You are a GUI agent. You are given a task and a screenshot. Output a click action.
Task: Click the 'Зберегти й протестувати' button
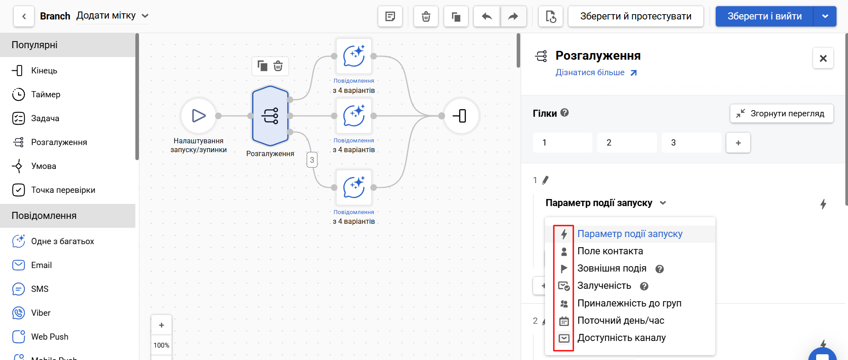pyautogui.click(x=635, y=16)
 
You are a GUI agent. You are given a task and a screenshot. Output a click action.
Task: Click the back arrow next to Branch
pyautogui.click(x=24, y=16)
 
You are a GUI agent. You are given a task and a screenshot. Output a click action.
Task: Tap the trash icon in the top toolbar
pyautogui.click(x=426, y=16)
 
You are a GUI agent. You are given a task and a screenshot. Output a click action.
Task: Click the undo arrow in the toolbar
pyautogui.click(x=487, y=16)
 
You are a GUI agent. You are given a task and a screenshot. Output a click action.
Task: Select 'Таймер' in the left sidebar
pyautogui.click(x=46, y=94)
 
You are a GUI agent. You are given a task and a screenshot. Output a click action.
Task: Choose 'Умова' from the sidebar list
pyautogui.click(x=43, y=166)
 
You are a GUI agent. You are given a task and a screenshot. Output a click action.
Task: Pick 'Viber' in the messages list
pyautogui.click(x=41, y=313)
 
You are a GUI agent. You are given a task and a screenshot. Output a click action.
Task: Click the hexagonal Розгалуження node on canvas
pyautogui.click(x=270, y=116)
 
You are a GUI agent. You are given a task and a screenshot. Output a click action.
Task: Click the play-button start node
pyautogui.click(x=199, y=116)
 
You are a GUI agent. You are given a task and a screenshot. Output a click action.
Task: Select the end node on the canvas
pyautogui.click(x=460, y=116)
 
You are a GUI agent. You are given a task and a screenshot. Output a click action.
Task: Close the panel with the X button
pyautogui.click(x=823, y=58)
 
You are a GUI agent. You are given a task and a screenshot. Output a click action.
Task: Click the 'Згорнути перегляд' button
pyautogui.click(x=781, y=114)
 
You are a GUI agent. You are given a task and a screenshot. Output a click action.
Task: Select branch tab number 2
pyautogui.click(x=626, y=142)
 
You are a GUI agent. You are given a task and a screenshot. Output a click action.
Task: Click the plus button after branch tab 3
pyautogui.click(x=738, y=142)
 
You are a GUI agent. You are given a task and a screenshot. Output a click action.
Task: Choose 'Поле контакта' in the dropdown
pyautogui.click(x=610, y=251)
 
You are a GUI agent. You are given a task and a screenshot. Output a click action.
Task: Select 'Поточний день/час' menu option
pyautogui.click(x=621, y=321)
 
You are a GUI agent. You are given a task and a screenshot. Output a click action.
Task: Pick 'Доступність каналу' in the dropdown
pyautogui.click(x=621, y=338)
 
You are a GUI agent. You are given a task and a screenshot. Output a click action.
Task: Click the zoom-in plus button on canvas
pyautogui.click(x=161, y=325)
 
